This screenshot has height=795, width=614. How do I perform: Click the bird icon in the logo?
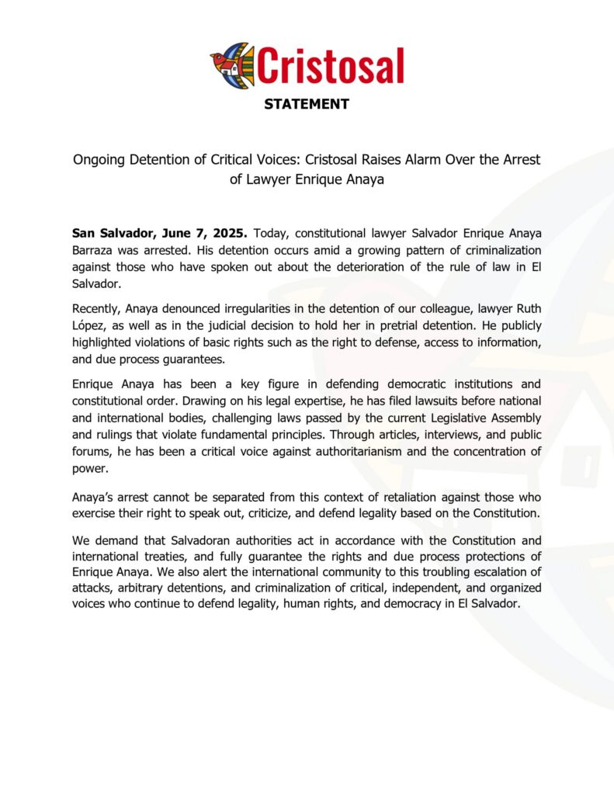tap(231, 65)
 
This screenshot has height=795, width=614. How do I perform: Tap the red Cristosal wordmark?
tap(331, 65)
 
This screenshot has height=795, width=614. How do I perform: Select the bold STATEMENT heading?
tap(307, 104)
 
